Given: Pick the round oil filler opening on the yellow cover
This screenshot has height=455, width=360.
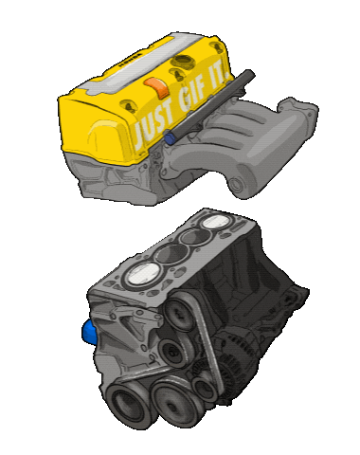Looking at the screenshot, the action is coord(183,61).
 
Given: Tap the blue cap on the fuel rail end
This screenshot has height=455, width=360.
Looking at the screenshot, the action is coord(170,138).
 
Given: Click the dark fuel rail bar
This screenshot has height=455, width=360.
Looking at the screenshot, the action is coord(211,103).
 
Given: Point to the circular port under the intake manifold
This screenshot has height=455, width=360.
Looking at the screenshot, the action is coord(236,184).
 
